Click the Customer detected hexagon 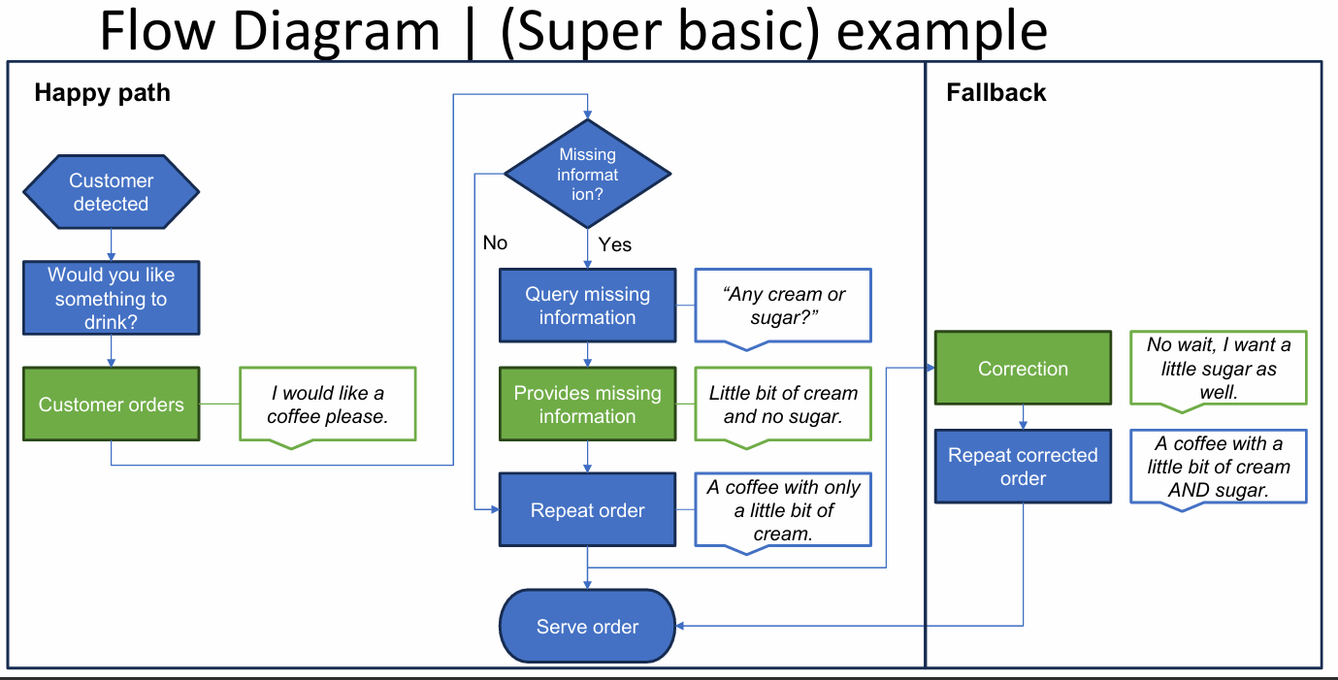click(x=111, y=192)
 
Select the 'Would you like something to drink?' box click(x=111, y=299)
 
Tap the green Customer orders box click(x=111, y=405)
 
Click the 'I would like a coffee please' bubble click(x=327, y=405)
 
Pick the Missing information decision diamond click(x=587, y=175)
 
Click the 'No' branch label click(x=495, y=243)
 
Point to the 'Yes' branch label click(x=615, y=244)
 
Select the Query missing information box click(x=587, y=306)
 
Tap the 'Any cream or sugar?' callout click(x=783, y=305)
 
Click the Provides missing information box click(x=587, y=405)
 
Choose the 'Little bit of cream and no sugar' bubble click(x=783, y=405)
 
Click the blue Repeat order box click(x=587, y=510)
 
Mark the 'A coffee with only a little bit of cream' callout click(x=783, y=510)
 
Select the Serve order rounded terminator click(x=587, y=627)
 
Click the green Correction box click(x=1023, y=369)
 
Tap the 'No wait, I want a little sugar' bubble click(x=1218, y=368)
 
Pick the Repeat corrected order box click(x=1023, y=467)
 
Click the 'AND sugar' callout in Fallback click(x=1218, y=467)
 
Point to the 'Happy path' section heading click(x=102, y=93)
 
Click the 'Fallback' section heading click(x=995, y=93)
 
